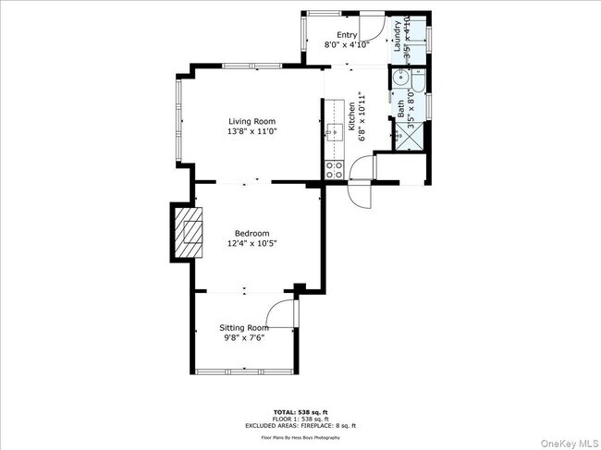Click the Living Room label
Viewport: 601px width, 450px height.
point(252,120)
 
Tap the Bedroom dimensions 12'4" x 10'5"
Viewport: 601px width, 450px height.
point(251,243)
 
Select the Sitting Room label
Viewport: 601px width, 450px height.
point(243,327)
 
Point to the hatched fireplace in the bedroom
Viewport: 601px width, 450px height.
point(190,231)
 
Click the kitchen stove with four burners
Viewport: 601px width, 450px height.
point(334,169)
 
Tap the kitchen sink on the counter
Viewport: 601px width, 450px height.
point(331,131)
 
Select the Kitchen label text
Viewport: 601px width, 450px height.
point(351,118)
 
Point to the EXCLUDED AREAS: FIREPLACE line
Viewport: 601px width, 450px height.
point(300,425)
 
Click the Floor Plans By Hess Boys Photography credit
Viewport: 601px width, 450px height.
point(300,436)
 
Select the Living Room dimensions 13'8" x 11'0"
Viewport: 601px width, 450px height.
point(252,131)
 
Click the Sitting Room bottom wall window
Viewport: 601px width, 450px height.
point(245,371)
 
